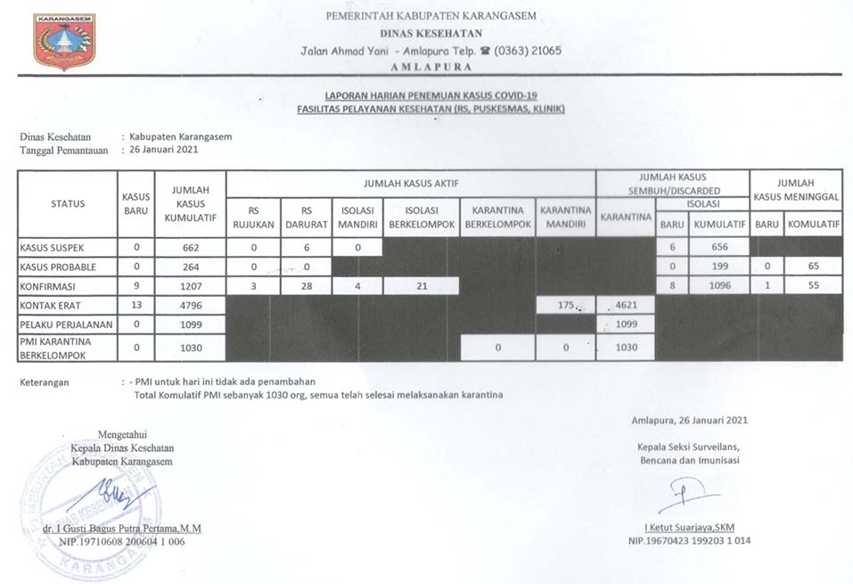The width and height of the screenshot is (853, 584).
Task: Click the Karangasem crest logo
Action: [64, 42]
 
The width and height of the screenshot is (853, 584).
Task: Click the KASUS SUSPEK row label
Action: [54, 247]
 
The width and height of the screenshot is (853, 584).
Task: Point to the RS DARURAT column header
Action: [306, 218]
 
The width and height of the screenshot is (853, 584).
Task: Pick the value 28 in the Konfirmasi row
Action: [306, 286]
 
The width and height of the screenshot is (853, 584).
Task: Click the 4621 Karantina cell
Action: [626, 305]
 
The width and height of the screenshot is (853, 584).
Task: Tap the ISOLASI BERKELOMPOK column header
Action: [421, 218]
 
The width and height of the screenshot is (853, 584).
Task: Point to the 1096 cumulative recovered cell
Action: [718, 286]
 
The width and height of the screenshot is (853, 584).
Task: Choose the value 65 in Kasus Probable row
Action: [811, 267]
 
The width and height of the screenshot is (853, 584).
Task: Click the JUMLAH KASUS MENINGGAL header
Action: [795, 188]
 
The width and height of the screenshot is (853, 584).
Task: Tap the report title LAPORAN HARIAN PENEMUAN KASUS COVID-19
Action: [431, 96]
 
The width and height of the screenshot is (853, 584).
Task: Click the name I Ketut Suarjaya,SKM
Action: [683, 527]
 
